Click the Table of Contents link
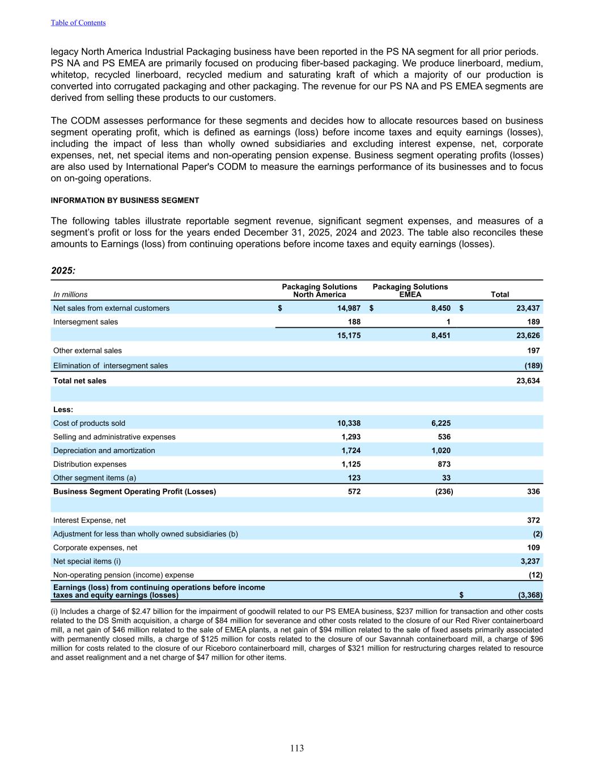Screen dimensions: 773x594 coord(78,23)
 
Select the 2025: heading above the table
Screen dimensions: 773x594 coord(63,271)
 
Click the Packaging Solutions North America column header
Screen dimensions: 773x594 coord(320,291)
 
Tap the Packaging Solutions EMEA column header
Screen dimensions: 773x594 coord(410,291)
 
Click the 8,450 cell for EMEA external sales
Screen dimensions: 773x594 coord(440,308)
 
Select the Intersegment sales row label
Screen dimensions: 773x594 coord(86,322)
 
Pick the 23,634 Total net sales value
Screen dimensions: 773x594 coord(528,381)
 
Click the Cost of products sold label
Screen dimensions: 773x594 coord(89,423)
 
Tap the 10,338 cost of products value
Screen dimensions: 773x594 coord(349,423)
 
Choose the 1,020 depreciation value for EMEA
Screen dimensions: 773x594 coord(439,450)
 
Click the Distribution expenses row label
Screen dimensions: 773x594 coord(90,464)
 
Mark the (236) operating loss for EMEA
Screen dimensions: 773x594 coord(443,492)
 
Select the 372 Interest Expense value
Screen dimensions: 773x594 coord(533,520)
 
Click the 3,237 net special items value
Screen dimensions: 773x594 coord(530,561)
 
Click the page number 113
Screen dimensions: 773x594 coord(297,748)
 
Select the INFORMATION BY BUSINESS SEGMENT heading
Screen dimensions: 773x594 coord(125,200)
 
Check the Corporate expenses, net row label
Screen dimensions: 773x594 coord(95,548)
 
